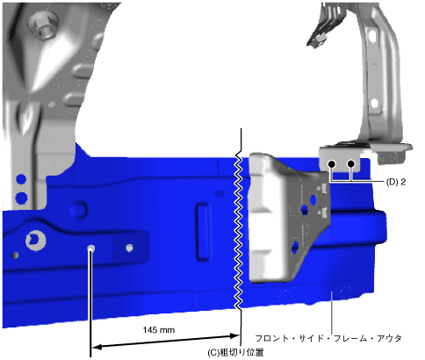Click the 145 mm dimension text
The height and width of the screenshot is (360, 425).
[x=159, y=330]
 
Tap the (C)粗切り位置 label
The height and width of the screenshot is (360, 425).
[x=235, y=352]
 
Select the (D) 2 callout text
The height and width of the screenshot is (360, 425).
[x=396, y=182]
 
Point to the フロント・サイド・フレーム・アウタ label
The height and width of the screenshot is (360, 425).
[x=328, y=338]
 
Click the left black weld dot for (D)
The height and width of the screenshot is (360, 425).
[x=331, y=164]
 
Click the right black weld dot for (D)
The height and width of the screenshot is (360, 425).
[x=351, y=163]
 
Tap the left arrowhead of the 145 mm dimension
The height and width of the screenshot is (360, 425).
[x=97, y=347]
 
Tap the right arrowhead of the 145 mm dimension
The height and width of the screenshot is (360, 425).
[x=235, y=335]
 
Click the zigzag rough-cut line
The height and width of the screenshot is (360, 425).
[x=239, y=230]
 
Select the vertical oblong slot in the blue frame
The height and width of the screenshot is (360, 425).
[x=203, y=231]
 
